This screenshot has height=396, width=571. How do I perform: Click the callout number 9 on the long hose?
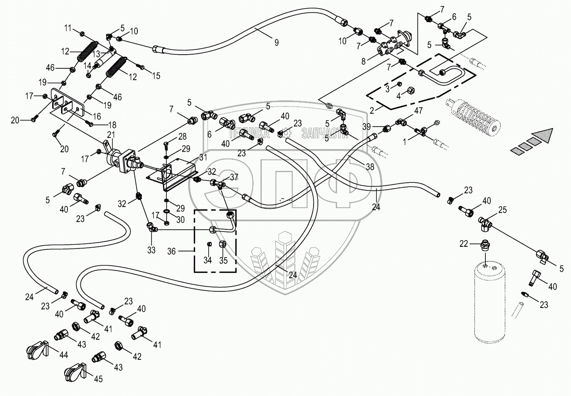pyautogui.click(x=276, y=42)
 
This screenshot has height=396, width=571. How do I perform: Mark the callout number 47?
pyautogui.click(x=418, y=111)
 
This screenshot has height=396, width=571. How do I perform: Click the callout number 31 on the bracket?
pyautogui.click(x=203, y=157)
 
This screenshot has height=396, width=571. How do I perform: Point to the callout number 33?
pyautogui.click(x=151, y=250)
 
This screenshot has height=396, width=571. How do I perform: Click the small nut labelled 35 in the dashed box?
pyautogui.click(x=223, y=245)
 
